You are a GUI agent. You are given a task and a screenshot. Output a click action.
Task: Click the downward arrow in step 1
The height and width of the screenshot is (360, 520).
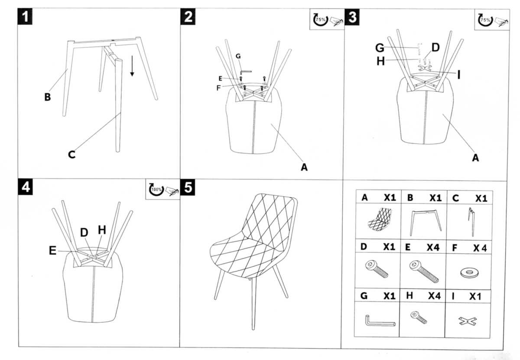(x=132, y=67)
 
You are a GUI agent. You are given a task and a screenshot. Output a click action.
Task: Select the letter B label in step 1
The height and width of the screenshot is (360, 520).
(x=47, y=97)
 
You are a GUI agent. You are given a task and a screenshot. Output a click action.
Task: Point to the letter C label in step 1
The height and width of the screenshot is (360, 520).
(x=72, y=154)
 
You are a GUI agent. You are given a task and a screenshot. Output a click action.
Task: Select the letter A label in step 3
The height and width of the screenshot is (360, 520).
(x=475, y=158)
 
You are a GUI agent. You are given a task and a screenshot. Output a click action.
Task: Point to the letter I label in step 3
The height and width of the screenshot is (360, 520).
(x=458, y=75)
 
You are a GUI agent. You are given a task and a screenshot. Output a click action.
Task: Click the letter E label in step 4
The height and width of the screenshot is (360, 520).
(x=53, y=250)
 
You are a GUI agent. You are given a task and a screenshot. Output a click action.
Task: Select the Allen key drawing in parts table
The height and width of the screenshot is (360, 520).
(x=379, y=322)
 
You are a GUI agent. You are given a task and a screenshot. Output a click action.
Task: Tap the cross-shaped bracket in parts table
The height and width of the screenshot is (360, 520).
(x=468, y=321)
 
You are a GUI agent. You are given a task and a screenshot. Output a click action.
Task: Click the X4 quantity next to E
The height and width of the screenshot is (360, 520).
(x=433, y=247)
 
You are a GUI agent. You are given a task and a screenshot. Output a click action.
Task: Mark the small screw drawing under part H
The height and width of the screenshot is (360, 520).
(x=419, y=317)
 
